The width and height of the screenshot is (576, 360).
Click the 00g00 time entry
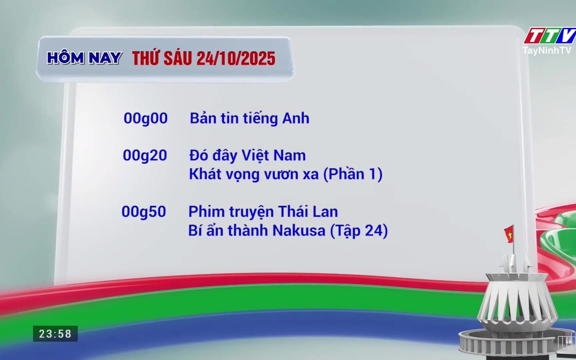point(145,119)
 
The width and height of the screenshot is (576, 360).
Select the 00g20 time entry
point(145,156)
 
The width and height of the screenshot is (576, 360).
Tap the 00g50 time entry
point(144,212)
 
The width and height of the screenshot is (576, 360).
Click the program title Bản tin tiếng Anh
point(249,119)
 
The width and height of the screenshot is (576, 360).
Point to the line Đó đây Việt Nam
point(247,156)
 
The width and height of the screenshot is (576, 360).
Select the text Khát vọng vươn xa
point(254,174)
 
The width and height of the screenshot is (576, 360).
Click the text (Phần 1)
point(353,174)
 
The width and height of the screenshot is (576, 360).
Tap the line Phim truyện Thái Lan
point(263,212)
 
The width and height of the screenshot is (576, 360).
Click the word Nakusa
point(299,231)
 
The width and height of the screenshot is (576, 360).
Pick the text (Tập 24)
point(359,231)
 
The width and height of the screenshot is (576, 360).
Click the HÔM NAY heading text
point(84,58)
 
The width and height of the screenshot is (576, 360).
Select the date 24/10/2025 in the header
point(236,59)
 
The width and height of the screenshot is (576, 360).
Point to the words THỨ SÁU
point(162,58)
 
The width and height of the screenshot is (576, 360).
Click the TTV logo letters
point(550,36)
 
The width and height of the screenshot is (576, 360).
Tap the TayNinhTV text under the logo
point(547,50)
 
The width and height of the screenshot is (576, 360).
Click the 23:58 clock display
point(55,334)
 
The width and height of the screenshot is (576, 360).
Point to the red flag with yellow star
point(509,234)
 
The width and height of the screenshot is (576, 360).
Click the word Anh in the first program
point(296,119)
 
